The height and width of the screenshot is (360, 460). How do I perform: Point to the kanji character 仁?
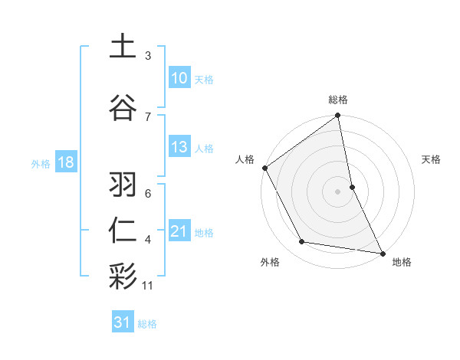[x=123, y=230]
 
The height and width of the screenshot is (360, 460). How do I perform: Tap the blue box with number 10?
[x=179, y=78]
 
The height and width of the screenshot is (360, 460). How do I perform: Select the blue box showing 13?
[x=179, y=147]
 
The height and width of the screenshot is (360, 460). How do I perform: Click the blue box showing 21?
[x=179, y=231]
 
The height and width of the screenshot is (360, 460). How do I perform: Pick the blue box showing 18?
[x=65, y=163]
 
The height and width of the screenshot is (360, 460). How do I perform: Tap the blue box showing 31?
[x=123, y=323]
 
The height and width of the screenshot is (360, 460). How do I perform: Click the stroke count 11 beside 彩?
[x=148, y=286]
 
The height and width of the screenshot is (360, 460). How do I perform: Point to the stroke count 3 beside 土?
[x=148, y=56]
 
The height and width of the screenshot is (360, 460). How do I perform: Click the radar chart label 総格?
[x=338, y=100]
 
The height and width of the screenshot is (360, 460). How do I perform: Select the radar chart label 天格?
[x=432, y=159]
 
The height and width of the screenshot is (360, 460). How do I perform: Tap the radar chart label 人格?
[x=245, y=159]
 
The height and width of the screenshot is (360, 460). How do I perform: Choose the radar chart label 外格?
[x=270, y=262]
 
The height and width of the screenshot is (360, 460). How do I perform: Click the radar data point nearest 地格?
[x=381, y=252]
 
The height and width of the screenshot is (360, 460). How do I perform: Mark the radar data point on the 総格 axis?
[x=338, y=116]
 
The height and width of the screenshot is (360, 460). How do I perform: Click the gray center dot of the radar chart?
[x=338, y=191]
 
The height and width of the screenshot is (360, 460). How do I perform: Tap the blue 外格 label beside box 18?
[x=40, y=164]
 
